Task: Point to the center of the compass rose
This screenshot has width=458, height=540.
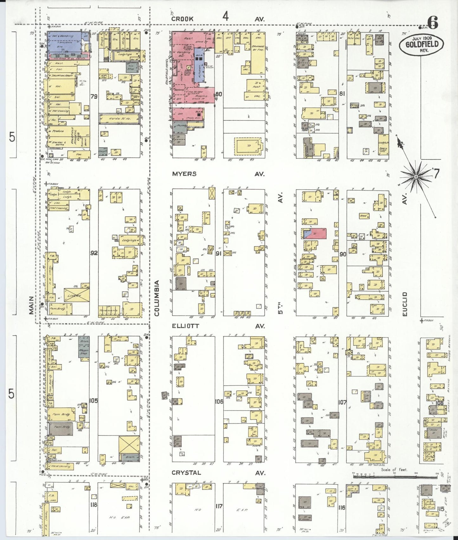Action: click(x=416, y=176)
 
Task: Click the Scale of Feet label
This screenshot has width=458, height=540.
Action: click(x=394, y=470)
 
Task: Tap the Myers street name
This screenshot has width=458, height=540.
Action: click(x=184, y=174)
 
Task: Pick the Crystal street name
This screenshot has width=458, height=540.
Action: click(x=186, y=473)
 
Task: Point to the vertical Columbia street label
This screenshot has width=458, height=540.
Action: click(x=157, y=298)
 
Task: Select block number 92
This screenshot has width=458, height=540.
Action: click(x=94, y=253)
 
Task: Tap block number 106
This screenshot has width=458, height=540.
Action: click(x=219, y=402)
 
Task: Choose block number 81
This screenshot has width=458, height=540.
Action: click(x=342, y=94)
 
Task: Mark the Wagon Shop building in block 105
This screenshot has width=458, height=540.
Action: click(x=84, y=350)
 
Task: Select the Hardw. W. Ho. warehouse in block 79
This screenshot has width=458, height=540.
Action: click(x=119, y=119)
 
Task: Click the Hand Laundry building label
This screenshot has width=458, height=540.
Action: click(x=60, y=466)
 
